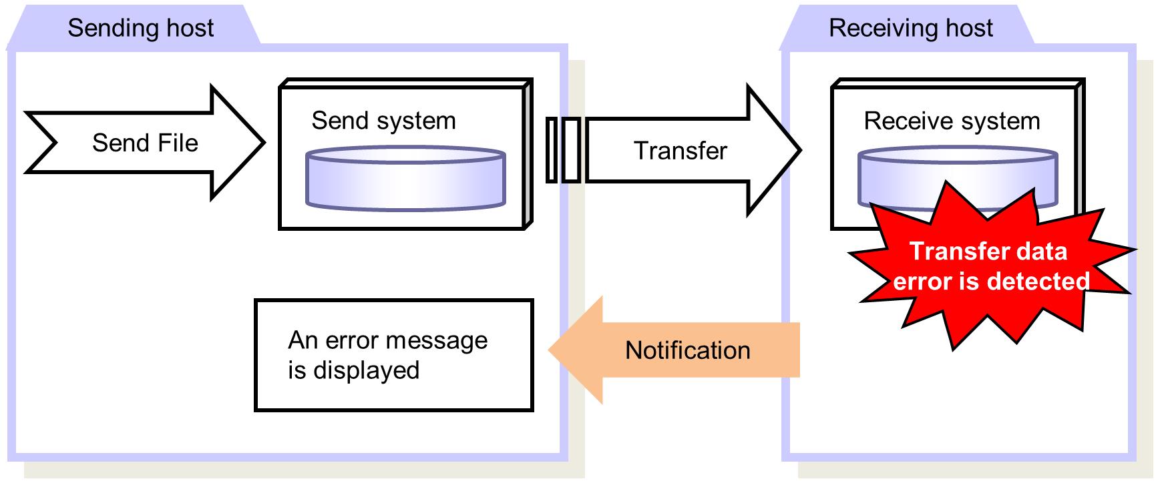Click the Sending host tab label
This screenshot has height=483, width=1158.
tap(140, 28)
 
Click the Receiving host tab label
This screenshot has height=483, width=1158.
tap(910, 28)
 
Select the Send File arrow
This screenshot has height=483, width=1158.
tap(145, 142)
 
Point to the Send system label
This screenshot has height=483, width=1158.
tap(383, 121)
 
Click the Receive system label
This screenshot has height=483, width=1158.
tap(952, 121)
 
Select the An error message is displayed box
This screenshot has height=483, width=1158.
tap(394, 355)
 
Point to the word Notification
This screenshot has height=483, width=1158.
tap(687, 350)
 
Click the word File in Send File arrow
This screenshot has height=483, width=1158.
tap(176, 143)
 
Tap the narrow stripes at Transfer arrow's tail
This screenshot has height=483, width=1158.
tap(562, 150)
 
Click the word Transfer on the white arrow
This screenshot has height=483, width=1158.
tap(680, 151)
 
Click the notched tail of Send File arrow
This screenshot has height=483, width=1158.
tap(47, 142)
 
